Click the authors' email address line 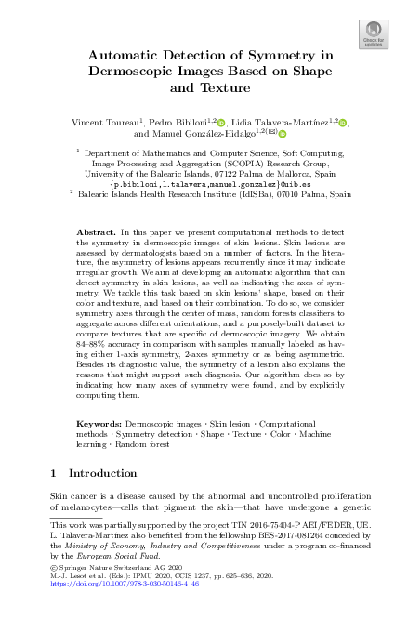pos(204,184)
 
